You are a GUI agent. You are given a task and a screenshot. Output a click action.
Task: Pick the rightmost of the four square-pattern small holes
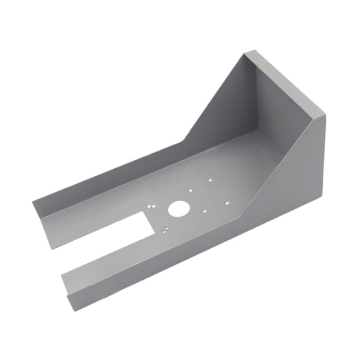click(x=228, y=202)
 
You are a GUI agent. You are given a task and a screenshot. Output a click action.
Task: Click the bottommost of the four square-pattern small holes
click(x=205, y=212)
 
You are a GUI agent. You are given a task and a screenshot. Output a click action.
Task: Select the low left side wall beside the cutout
click(x=93, y=186)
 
